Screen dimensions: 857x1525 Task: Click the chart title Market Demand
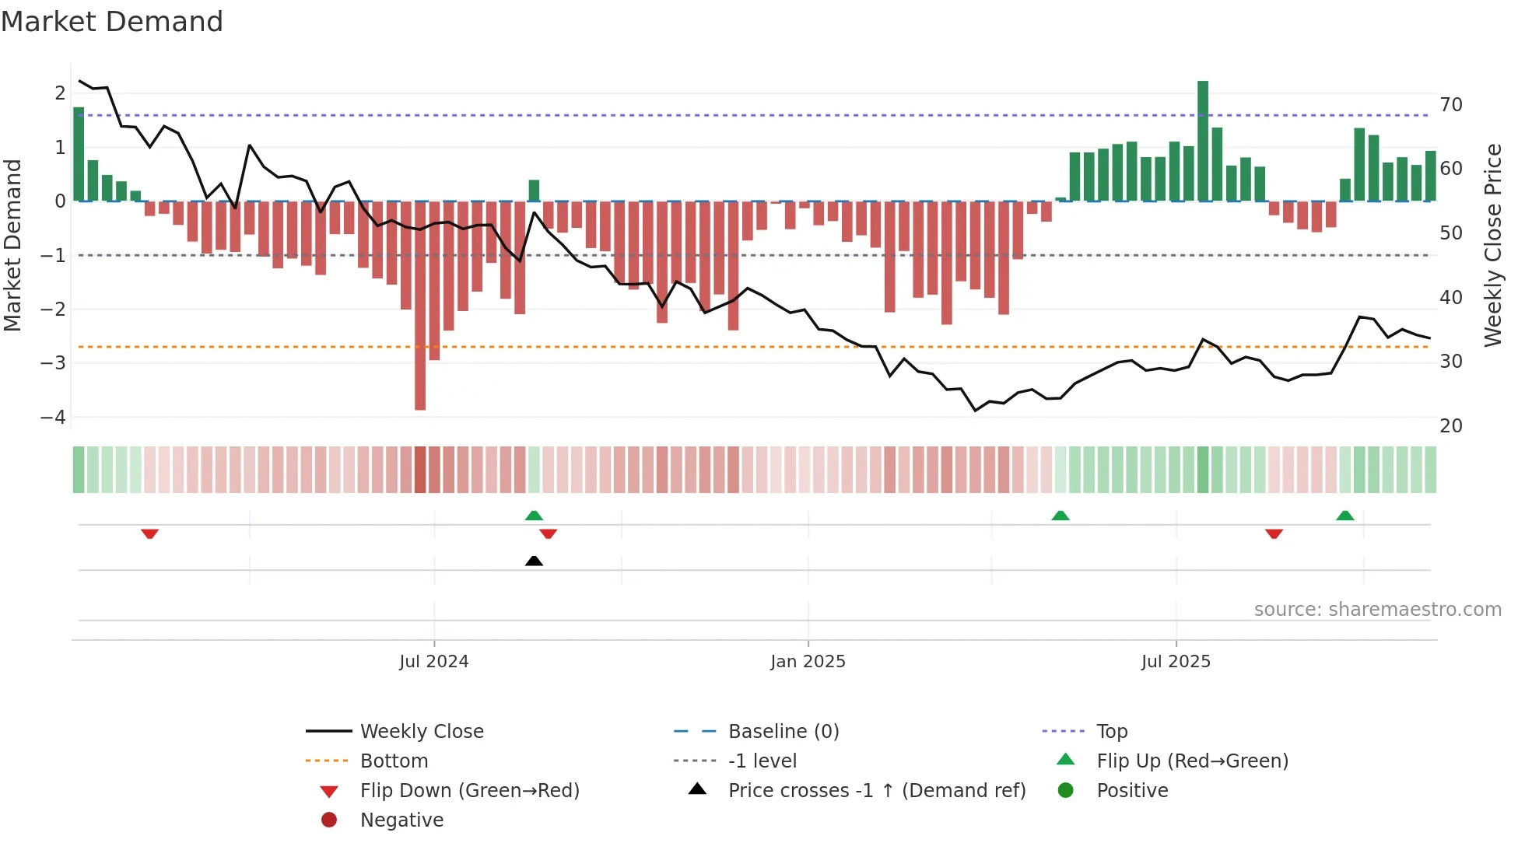[112, 22]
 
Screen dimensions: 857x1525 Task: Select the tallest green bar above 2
[1203, 140]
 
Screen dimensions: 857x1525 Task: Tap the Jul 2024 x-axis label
[433, 662]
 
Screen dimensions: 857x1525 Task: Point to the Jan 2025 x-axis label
[808, 662]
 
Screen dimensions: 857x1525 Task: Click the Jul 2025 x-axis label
[1176, 662]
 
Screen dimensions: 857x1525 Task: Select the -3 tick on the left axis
[54, 363]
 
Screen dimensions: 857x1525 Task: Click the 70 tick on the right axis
[1451, 104]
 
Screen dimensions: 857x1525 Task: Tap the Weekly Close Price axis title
[1492, 245]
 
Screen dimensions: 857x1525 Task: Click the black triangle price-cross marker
[534, 561]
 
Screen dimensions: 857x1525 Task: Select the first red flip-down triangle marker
[150, 533]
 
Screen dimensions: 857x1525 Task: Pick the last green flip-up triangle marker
[1345, 516]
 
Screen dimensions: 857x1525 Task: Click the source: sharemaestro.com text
[1377, 610]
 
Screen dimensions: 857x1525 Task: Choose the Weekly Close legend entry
[421, 731]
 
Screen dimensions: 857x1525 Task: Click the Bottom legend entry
[394, 761]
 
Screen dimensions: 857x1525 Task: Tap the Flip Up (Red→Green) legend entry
[1192, 761]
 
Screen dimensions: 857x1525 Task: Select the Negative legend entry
[401, 820]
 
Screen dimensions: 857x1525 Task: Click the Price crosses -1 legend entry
[876, 790]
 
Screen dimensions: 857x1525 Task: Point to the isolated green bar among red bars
[534, 191]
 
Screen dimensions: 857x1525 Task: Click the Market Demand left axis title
[13, 245]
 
